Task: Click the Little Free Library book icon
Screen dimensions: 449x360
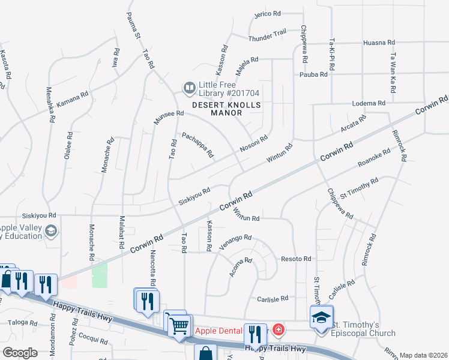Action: (x=190, y=89)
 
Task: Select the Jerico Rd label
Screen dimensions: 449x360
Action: (x=268, y=14)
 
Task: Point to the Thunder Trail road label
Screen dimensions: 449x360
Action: (x=267, y=37)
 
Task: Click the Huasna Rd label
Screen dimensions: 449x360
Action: (x=379, y=43)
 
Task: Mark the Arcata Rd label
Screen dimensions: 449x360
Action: (x=354, y=127)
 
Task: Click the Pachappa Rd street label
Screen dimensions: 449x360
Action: (x=197, y=145)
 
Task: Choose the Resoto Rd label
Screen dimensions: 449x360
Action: (x=296, y=259)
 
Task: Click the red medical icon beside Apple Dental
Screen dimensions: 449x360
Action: (x=277, y=330)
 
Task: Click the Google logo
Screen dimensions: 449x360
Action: (x=19, y=352)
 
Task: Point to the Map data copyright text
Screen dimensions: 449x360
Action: (x=424, y=355)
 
